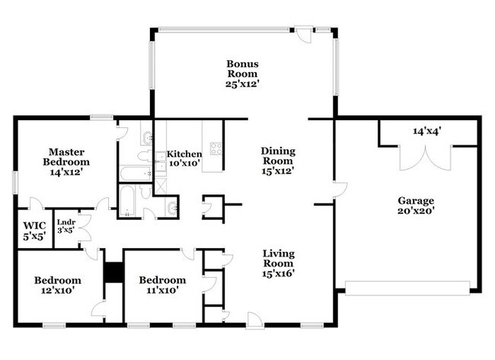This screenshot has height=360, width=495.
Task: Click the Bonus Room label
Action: (x=242, y=68)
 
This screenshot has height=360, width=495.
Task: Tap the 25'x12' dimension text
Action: (x=242, y=84)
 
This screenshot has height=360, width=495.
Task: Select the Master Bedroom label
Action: (x=66, y=157)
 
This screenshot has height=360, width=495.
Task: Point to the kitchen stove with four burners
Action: (x=216, y=148)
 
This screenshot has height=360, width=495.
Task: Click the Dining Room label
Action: (x=278, y=156)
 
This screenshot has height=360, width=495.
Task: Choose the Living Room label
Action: (x=279, y=259)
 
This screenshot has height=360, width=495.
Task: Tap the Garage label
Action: (x=416, y=201)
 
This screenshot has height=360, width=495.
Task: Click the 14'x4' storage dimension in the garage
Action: (x=427, y=131)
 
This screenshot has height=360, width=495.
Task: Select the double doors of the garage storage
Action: (x=426, y=158)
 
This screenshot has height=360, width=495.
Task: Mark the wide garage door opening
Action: (x=407, y=288)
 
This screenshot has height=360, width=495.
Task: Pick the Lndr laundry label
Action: (x=66, y=222)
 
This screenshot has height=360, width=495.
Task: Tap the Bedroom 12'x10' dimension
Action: (x=58, y=290)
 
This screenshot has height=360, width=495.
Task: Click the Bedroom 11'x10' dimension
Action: (x=162, y=290)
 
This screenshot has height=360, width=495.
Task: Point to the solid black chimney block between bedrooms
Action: (x=113, y=272)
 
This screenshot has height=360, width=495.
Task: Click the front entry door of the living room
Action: (x=254, y=320)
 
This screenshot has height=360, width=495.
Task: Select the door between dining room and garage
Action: (x=340, y=190)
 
